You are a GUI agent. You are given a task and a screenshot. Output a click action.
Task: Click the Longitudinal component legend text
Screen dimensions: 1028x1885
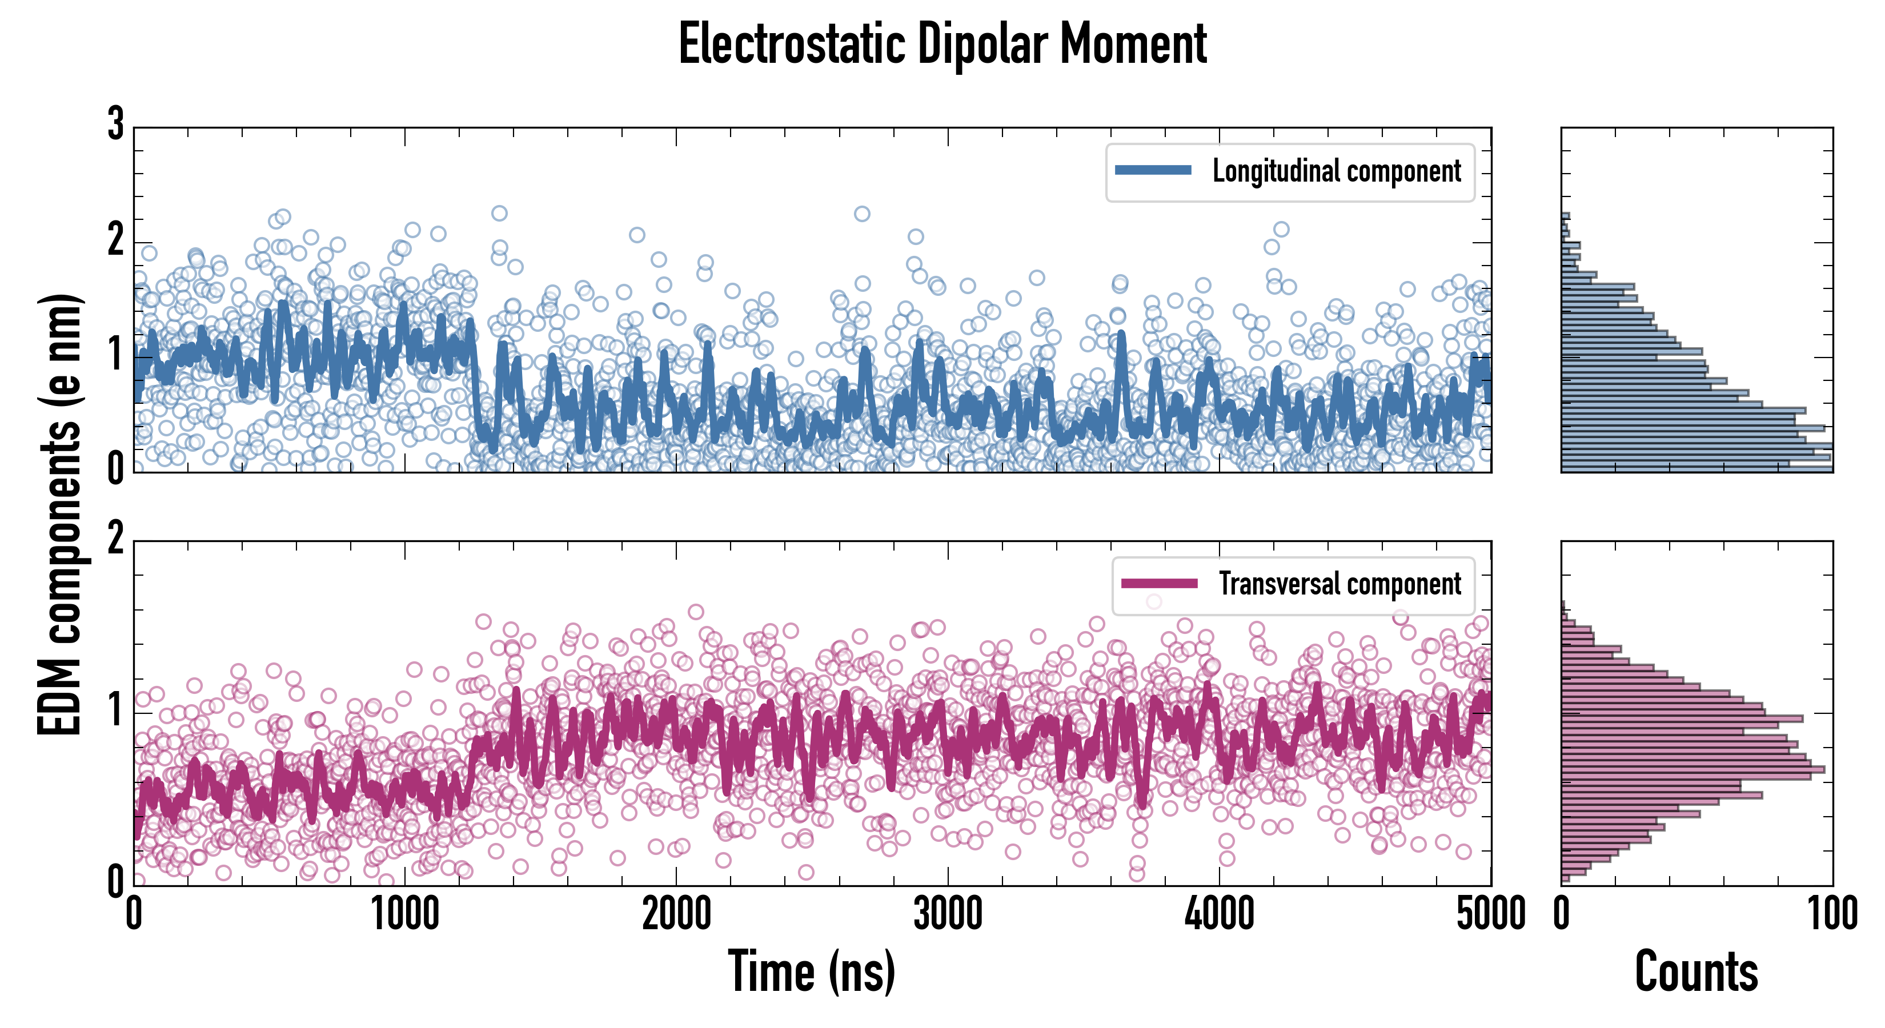(x=1336, y=171)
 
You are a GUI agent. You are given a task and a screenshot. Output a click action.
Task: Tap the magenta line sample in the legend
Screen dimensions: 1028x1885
(x=1158, y=583)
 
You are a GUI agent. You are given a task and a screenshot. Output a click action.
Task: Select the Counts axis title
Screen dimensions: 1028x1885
(x=1696, y=971)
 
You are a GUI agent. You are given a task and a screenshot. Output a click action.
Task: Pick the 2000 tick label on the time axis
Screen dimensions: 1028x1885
(x=677, y=914)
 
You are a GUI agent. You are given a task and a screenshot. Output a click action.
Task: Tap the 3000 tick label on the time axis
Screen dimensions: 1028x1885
(x=948, y=914)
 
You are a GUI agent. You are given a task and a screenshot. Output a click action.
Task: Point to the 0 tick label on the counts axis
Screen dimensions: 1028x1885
(x=1562, y=914)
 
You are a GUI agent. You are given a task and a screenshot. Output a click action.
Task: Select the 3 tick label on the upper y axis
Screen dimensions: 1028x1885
(x=115, y=125)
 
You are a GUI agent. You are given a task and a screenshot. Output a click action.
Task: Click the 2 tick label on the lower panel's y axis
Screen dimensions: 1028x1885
(x=115, y=539)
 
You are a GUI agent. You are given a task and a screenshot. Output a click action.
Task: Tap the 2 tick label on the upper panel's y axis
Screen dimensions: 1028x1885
(x=115, y=240)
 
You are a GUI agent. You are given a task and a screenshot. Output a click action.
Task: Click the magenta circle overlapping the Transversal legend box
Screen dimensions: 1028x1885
(x=1154, y=601)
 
